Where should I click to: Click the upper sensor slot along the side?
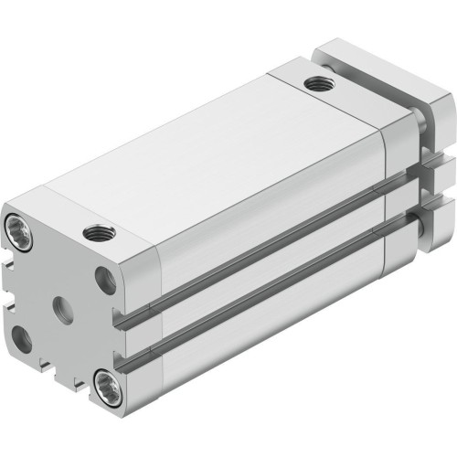click(x=265, y=238)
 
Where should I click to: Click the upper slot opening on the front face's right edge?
click(x=117, y=315)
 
